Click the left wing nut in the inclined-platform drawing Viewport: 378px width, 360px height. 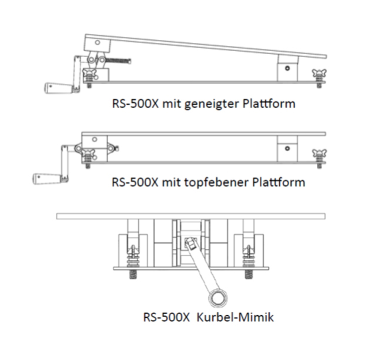tap(90, 75)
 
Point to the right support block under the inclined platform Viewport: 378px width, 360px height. tap(286, 68)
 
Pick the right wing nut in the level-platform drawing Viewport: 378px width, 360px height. tap(319, 155)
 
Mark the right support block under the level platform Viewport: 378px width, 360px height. tap(286, 148)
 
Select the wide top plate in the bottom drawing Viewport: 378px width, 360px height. tap(191, 216)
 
